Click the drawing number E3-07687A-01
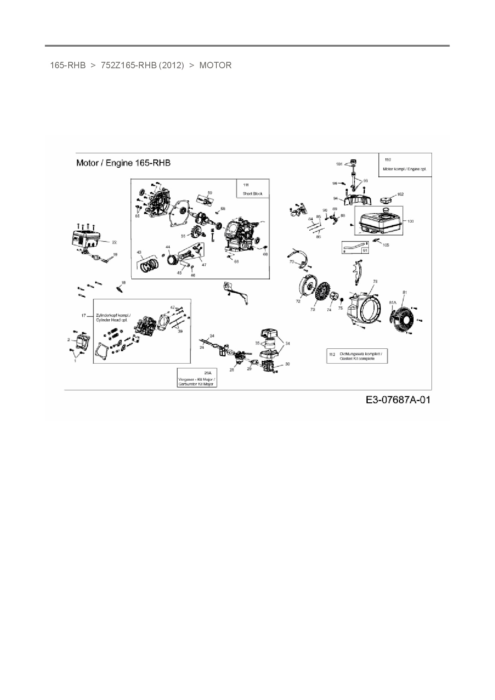pos(398,399)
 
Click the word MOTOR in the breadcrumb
pos(215,65)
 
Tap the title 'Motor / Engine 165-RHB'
pos(123,163)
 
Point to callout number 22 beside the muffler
pos(114,242)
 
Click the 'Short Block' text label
pos(253,194)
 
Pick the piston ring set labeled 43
pos(149,263)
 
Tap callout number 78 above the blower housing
pos(375,281)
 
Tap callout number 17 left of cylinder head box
pos(84,316)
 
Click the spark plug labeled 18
pos(119,288)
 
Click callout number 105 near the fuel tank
pos(386,245)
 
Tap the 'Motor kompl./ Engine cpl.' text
pos(404,169)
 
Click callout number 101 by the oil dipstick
pos(339,164)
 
